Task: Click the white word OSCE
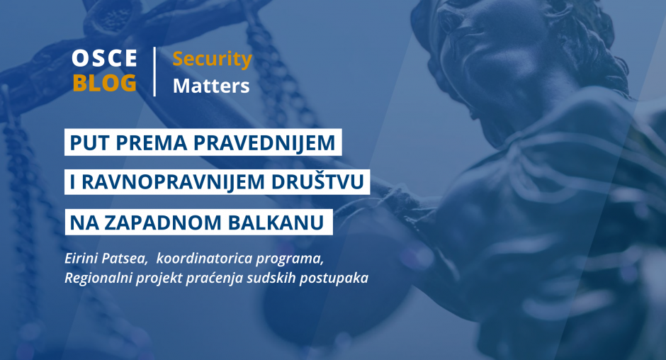click(x=104, y=58)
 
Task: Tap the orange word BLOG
click(x=104, y=82)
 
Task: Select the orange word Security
click(x=213, y=60)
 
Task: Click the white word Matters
click(x=211, y=86)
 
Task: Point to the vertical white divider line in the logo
click(x=154, y=72)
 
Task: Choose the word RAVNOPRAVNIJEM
click(x=173, y=182)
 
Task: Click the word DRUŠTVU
click(x=317, y=182)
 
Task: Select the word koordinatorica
click(x=201, y=259)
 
